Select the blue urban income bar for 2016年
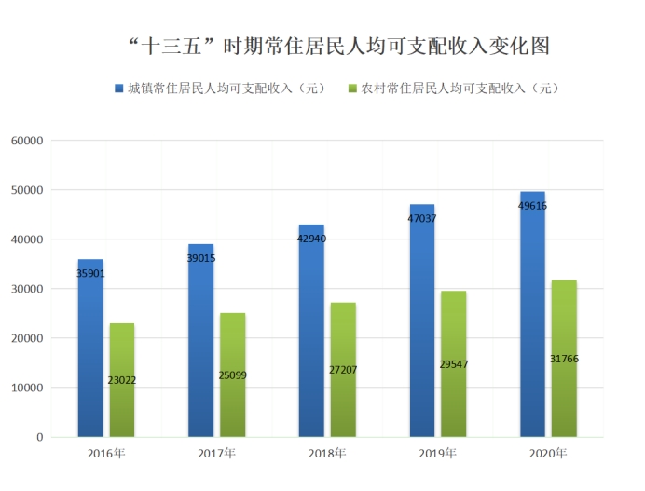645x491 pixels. coord(90,354)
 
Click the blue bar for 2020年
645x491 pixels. coord(532,317)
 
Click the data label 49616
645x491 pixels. coord(532,206)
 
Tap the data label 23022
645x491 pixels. coord(122,380)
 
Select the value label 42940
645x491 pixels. coord(311,239)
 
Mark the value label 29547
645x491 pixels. coord(453,364)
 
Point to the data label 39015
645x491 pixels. coord(200,258)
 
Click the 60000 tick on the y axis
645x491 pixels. coord(27,141)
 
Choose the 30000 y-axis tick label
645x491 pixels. coord(27,289)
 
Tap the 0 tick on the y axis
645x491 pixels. coord(40,437)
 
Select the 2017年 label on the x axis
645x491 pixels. coord(216,454)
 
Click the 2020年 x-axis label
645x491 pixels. coord(548,454)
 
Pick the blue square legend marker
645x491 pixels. coord(119,89)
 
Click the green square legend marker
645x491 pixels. coord(352,89)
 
